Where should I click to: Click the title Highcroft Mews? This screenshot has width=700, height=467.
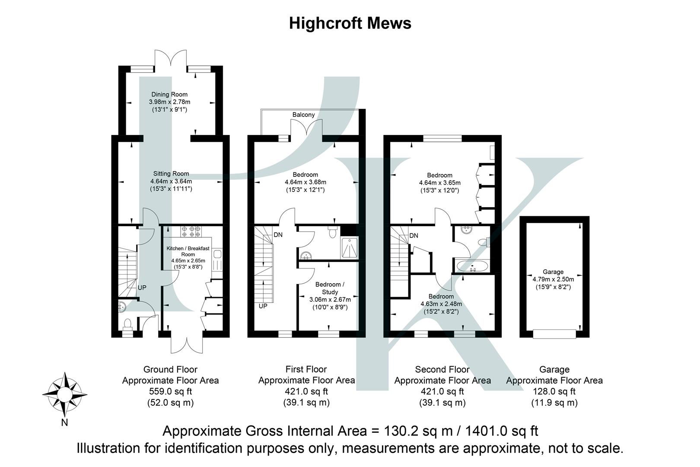pyautogui.click(x=350, y=23)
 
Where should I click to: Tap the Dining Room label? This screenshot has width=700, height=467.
pyautogui.click(x=169, y=94)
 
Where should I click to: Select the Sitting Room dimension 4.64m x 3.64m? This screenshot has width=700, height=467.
pyautogui.click(x=171, y=181)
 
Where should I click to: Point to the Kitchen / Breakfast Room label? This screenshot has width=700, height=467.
pyautogui.click(x=188, y=251)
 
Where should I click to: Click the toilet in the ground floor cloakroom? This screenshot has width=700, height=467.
pyautogui.click(x=127, y=324)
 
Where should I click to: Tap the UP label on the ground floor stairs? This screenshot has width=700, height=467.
pyautogui.click(x=142, y=288)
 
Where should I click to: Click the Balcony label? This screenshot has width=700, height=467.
pyautogui.click(x=303, y=115)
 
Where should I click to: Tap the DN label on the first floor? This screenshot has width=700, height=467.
pyautogui.click(x=278, y=235)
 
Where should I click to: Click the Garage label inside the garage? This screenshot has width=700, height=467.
pyautogui.click(x=553, y=272)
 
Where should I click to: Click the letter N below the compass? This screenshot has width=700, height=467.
pyautogui.click(x=64, y=423)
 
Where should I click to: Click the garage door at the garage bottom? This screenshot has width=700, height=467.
pyautogui.click(x=554, y=334)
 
